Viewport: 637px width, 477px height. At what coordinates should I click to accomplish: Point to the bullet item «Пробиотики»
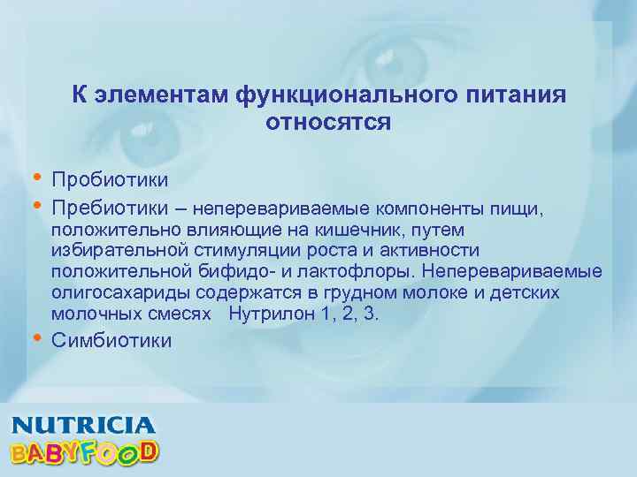click(x=111, y=179)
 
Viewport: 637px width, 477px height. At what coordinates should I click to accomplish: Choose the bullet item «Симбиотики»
click(x=111, y=341)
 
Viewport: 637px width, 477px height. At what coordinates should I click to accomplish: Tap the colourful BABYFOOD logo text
click(x=85, y=453)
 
